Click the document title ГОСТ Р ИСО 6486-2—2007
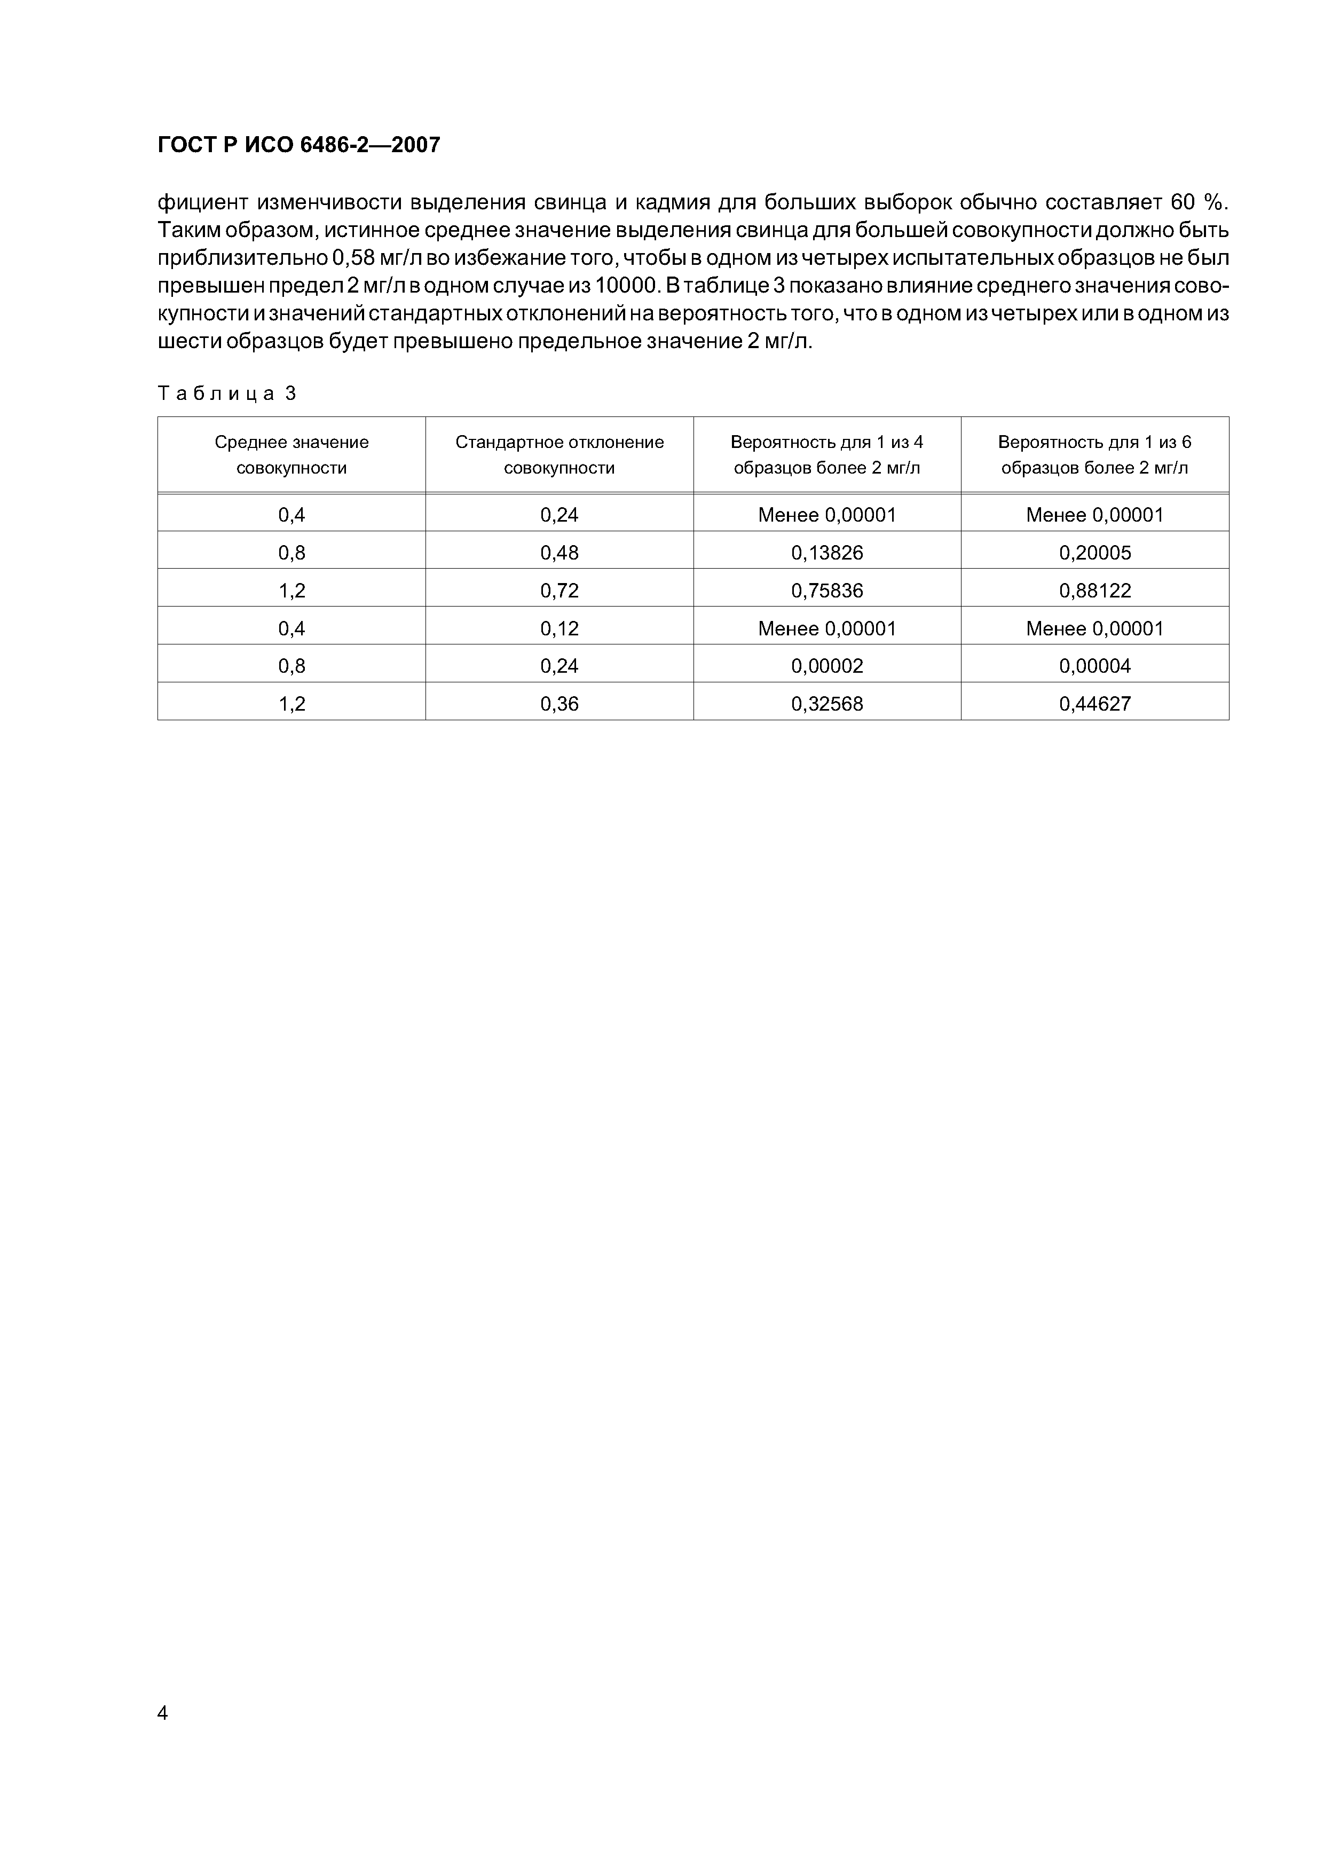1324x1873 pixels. (298, 145)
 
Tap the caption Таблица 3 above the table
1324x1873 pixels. (227, 394)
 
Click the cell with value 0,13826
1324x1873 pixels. (826, 553)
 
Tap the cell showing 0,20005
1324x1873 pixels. (1095, 553)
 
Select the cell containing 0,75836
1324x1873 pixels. (826, 591)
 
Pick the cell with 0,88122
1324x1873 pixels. (1095, 591)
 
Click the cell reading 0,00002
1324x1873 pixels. (826, 666)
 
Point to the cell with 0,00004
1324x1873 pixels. (1095, 666)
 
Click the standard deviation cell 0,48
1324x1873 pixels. (559, 553)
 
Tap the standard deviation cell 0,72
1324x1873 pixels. (559, 591)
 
